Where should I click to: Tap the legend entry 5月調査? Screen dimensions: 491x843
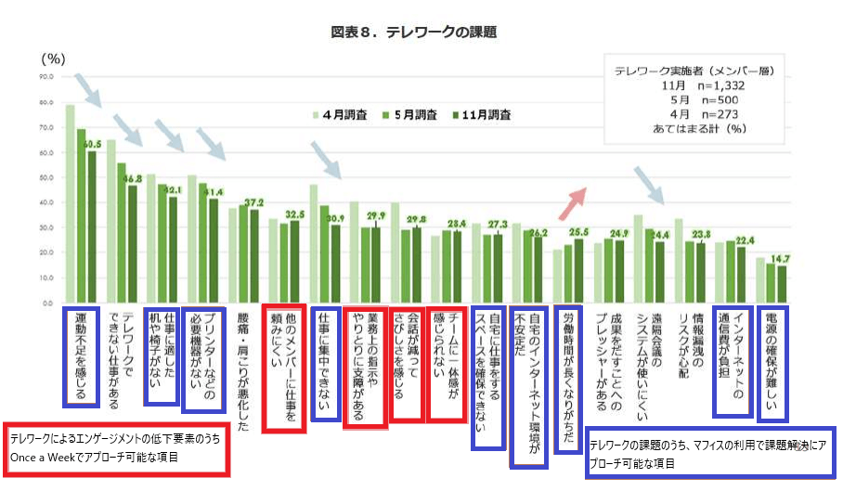pyautogui.click(x=410, y=115)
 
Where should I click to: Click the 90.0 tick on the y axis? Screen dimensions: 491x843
pyautogui.click(x=45, y=77)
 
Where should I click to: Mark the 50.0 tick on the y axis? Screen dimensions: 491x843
pyautogui.click(x=45, y=177)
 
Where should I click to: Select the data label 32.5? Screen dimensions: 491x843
pyautogui.click(x=296, y=213)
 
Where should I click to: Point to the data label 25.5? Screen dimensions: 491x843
pyautogui.click(x=576, y=231)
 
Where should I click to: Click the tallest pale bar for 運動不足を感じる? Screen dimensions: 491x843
pyautogui.click(x=70, y=204)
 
